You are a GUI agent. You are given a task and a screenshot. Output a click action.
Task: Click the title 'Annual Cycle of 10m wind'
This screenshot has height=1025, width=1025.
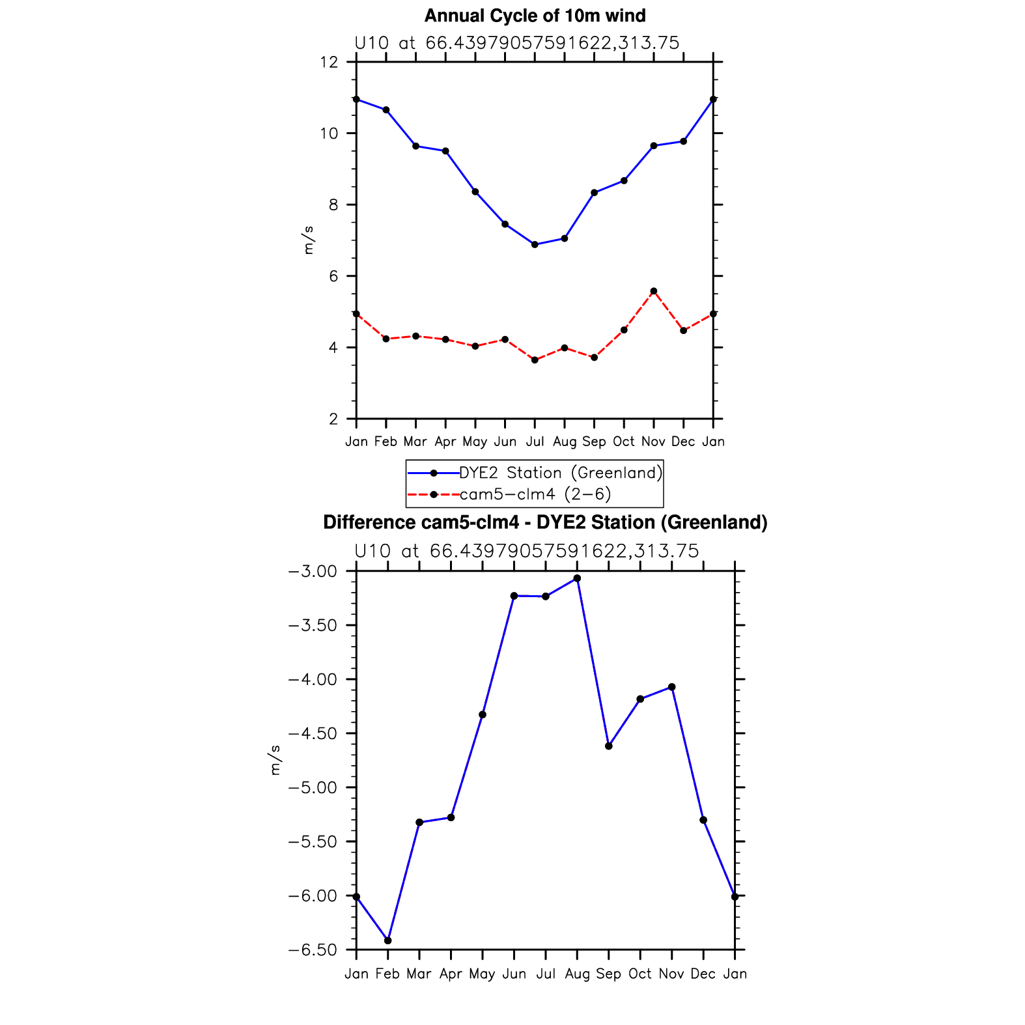click(535, 16)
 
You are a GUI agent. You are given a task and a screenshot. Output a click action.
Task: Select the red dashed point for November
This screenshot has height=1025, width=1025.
click(654, 291)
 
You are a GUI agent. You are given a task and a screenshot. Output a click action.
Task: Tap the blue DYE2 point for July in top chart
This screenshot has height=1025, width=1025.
click(535, 245)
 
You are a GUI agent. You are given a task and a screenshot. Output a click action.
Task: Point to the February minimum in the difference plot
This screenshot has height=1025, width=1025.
click(388, 940)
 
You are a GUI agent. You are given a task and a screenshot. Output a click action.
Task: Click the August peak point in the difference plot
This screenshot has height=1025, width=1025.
click(577, 578)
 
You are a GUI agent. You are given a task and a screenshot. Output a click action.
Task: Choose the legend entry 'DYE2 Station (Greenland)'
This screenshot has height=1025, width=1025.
click(561, 473)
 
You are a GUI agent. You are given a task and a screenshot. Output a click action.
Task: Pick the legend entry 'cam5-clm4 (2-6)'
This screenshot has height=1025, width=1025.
click(535, 494)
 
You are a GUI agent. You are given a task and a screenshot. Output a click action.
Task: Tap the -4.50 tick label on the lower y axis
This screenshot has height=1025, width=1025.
click(312, 734)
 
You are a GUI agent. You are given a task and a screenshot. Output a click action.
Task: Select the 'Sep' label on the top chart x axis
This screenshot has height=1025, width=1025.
click(594, 442)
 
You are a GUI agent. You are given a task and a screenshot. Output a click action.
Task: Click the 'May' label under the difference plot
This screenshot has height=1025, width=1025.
click(483, 974)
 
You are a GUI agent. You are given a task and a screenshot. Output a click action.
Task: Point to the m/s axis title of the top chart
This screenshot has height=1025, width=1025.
click(308, 240)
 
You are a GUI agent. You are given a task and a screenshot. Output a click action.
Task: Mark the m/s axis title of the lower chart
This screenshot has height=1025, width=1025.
click(275, 760)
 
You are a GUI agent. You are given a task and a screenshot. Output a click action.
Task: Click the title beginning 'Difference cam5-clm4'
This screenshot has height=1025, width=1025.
click(545, 522)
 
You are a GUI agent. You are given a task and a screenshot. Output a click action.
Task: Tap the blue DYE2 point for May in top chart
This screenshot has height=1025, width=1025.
click(475, 192)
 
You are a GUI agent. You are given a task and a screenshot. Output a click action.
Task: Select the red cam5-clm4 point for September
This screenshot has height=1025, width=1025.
click(594, 358)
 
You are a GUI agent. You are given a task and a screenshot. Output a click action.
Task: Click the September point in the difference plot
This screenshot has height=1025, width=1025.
click(609, 746)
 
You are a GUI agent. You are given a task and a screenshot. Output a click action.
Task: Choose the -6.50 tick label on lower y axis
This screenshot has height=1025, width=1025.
click(312, 950)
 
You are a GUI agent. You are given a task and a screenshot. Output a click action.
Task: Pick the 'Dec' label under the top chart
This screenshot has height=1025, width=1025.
click(683, 442)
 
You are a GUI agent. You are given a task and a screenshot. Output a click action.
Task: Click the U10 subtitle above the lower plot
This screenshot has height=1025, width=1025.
click(526, 552)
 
